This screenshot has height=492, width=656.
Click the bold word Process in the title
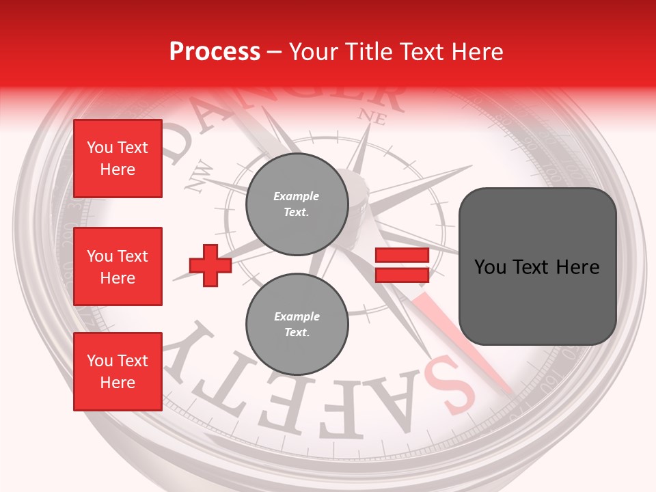(215, 51)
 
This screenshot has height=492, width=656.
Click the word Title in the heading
(368, 51)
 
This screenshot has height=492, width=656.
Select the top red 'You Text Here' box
(118, 159)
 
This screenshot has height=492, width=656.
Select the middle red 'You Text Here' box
(118, 266)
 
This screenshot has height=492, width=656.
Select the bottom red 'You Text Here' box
(118, 371)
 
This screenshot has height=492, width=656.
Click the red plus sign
(210, 266)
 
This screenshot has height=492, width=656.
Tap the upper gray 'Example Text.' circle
(297, 204)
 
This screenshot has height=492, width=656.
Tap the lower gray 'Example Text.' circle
(297, 325)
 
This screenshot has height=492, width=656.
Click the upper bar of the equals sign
(402, 256)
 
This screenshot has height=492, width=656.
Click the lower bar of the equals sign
(402, 275)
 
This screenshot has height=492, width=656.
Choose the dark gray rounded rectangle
(537, 266)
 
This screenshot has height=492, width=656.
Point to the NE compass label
(372, 117)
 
